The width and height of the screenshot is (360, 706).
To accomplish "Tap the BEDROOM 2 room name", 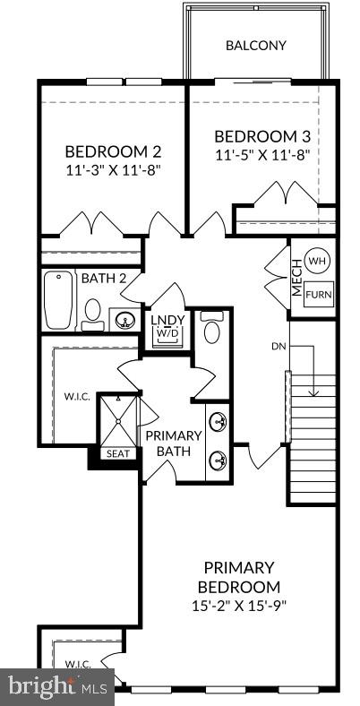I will point(113,151).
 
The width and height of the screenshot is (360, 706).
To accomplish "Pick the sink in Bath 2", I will point(121,318).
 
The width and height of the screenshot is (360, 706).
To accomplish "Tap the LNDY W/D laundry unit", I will point(167,327).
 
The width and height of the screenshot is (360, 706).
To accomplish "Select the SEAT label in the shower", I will point(118,453).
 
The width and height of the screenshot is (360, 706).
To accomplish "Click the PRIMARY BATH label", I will point(174,443).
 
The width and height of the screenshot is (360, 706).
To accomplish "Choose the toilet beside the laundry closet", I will point(211,330).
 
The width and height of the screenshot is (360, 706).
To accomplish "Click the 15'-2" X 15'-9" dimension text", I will point(238,605).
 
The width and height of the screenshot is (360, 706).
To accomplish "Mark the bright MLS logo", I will point(56,687).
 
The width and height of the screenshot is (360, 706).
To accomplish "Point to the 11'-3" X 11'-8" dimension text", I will point(112,168).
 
